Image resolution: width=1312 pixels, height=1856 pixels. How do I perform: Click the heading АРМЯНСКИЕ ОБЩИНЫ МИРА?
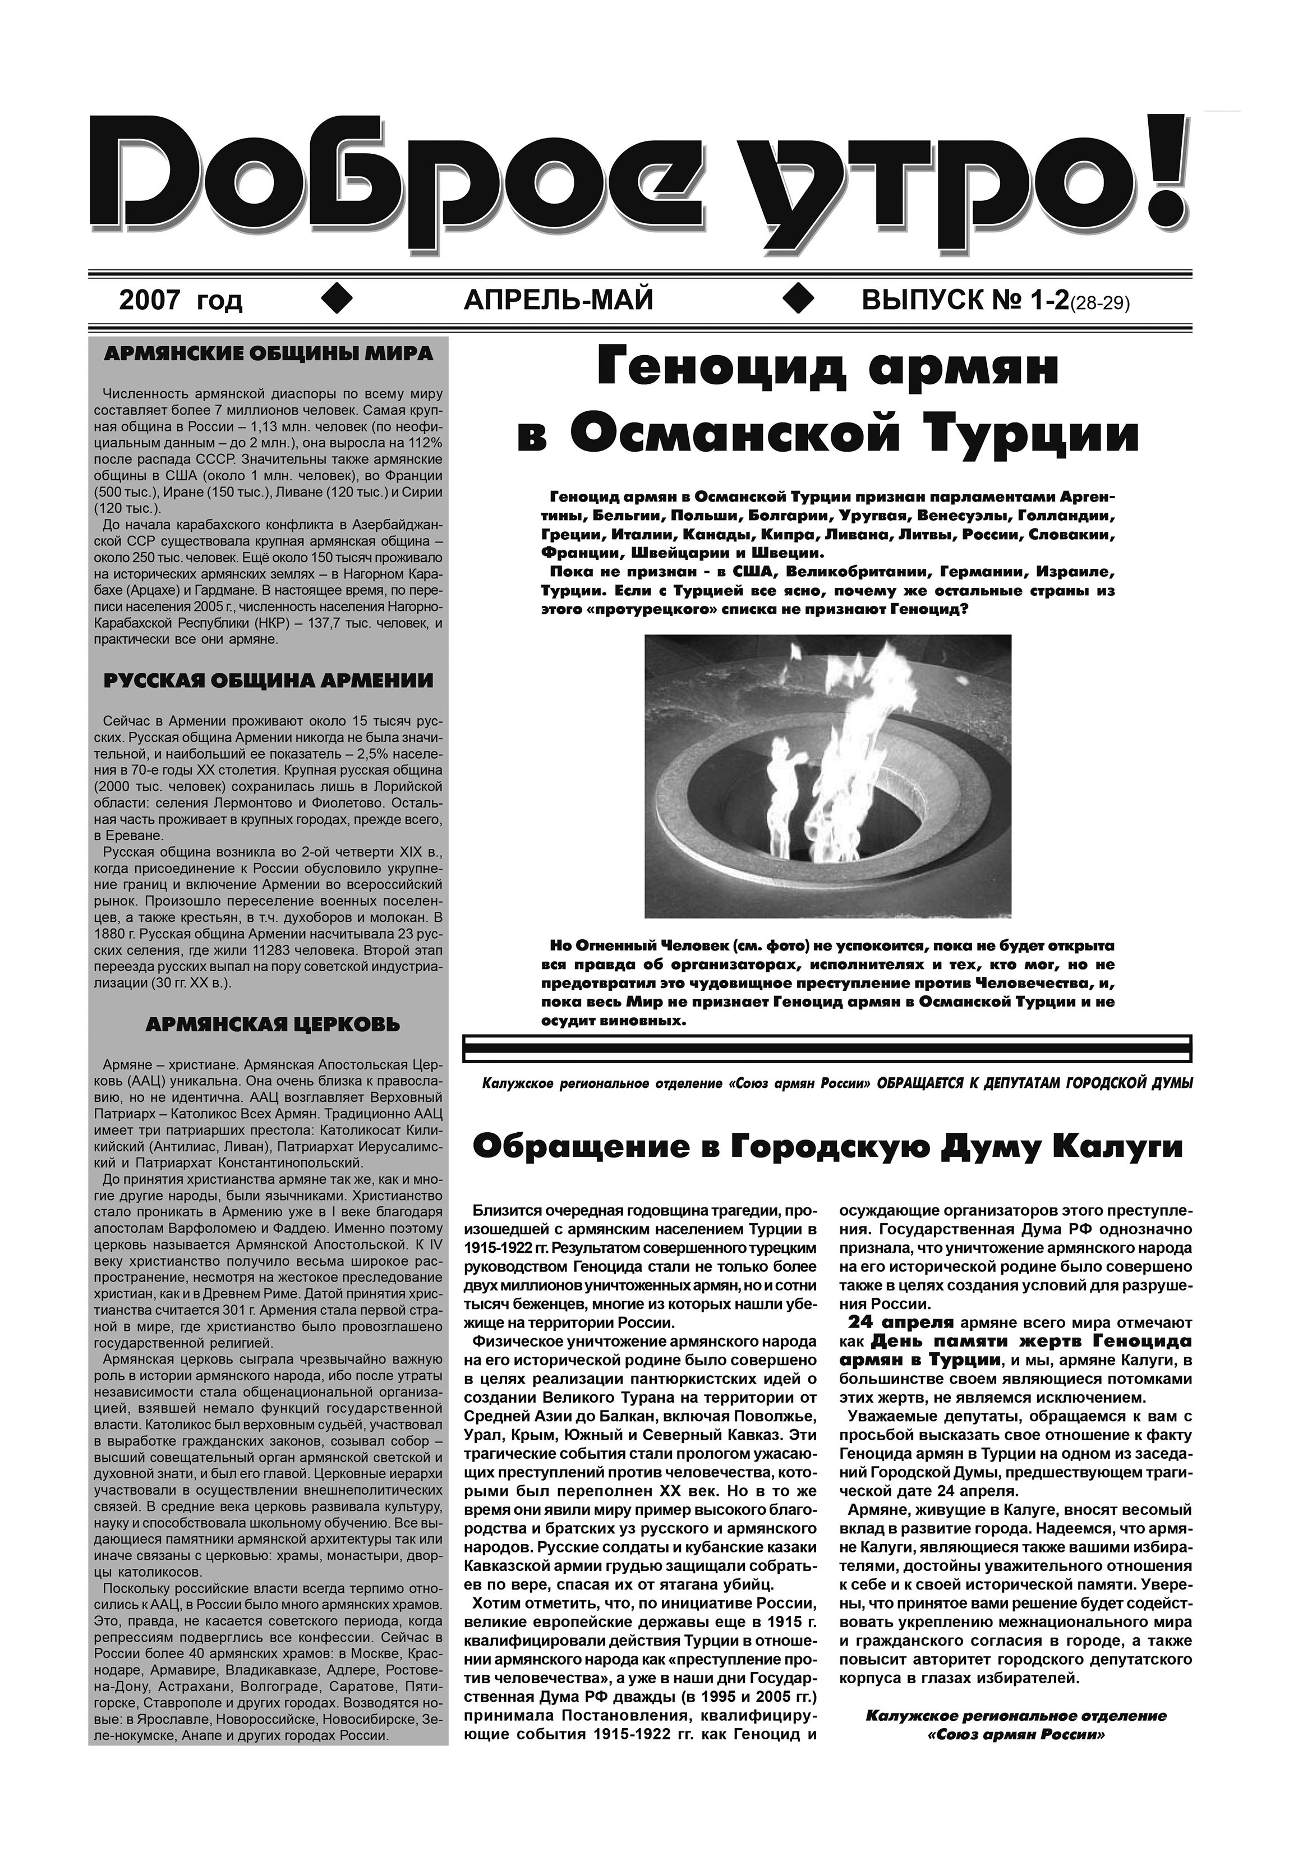[268, 354]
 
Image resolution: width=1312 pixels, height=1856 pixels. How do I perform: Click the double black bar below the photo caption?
[827, 1049]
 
